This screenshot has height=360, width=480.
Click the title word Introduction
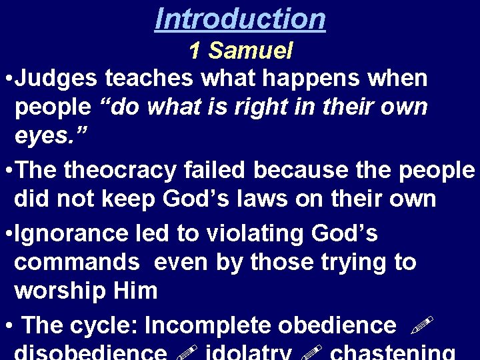(x=240, y=18)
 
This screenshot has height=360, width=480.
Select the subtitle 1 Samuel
(x=241, y=51)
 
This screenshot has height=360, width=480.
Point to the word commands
(x=77, y=262)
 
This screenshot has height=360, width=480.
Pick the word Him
(x=137, y=291)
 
